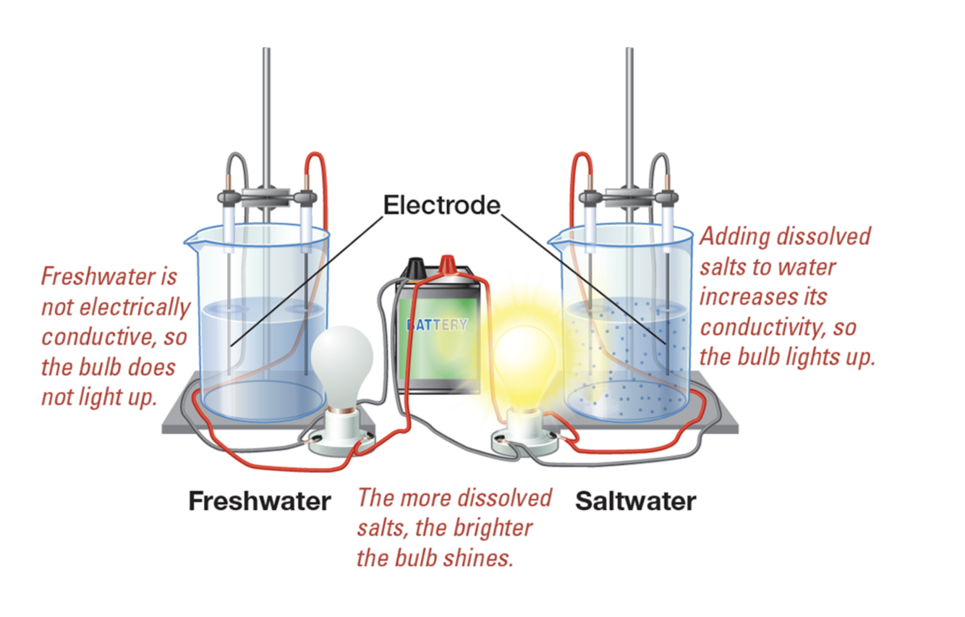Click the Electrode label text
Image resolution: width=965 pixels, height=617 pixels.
pos(441,206)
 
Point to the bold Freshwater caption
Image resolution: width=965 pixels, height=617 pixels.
pos(259,501)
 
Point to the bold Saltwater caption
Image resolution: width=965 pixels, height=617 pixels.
pos(635,501)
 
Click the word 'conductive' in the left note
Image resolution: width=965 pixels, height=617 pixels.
pos(103,338)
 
